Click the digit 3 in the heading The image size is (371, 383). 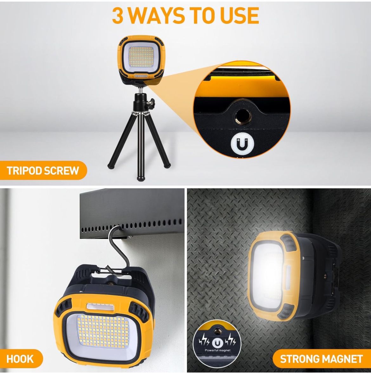tap(118, 16)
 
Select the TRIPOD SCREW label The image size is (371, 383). tap(43, 171)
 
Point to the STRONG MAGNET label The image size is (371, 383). tap(322, 359)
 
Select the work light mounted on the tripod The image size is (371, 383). tap(141, 60)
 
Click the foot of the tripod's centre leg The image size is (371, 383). tap(140, 179)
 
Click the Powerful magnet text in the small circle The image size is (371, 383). tap(217, 350)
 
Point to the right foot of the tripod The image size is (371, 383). tap(167, 165)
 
